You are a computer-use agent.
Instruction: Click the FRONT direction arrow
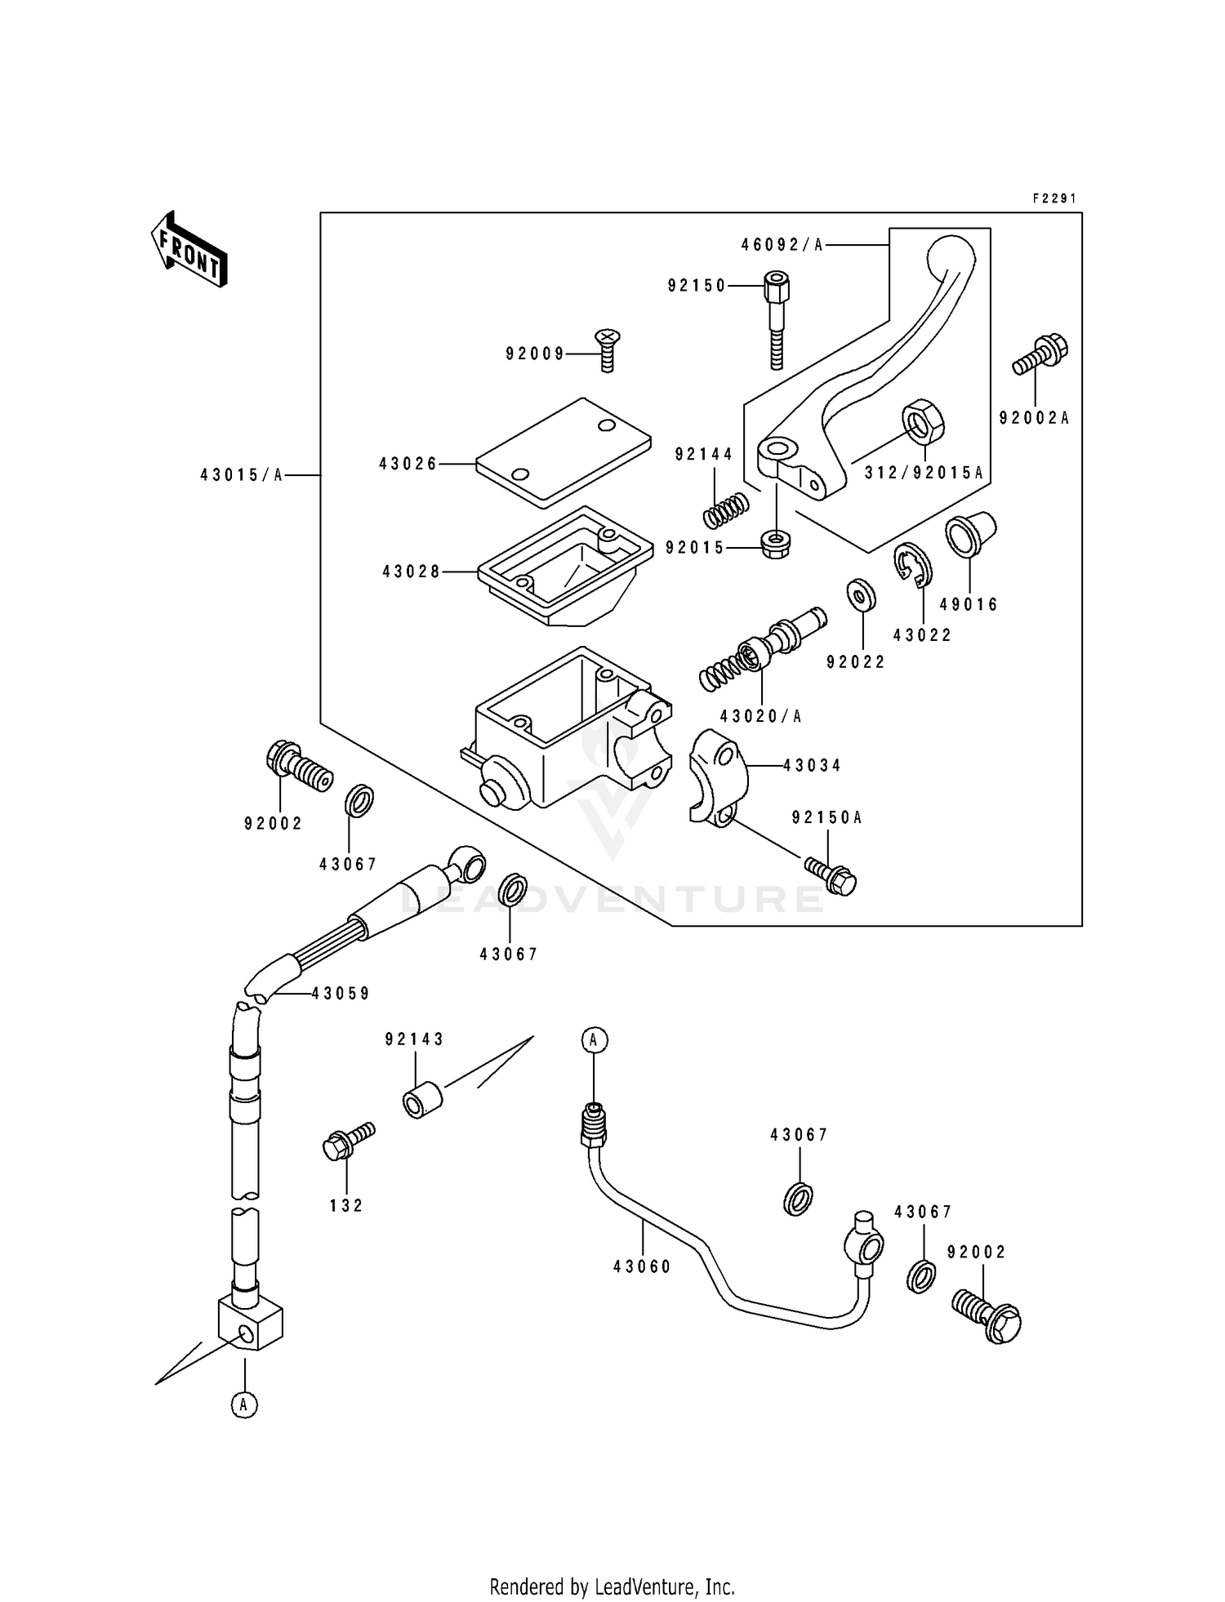click(x=189, y=251)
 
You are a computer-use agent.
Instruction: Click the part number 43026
click(x=408, y=464)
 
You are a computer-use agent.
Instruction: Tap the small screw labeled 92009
click(x=607, y=349)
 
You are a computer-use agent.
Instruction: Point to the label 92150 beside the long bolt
click(x=697, y=286)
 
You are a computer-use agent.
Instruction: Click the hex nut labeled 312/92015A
click(x=924, y=420)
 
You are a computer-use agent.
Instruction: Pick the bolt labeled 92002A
click(x=1040, y=356)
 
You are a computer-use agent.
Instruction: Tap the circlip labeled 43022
click(x=911, y=563)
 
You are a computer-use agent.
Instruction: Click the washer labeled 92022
click(x=862, y=595)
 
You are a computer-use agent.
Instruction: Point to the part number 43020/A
click(x=761, y=716)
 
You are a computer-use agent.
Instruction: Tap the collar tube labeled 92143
click(x=422, y=1099)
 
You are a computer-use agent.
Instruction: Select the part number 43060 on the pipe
click(x=642, y=1266)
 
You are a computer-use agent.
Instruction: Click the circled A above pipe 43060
click(x=595, y=1039)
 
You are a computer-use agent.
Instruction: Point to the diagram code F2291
click(x=1054, y=198)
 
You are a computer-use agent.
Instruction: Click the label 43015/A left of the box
click(x=242, y=475)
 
